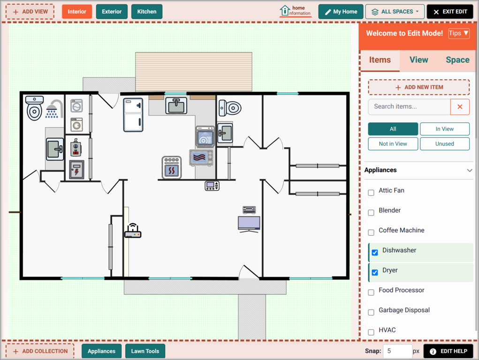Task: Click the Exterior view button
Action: pos(112,12)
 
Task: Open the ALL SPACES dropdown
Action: pos(395,12)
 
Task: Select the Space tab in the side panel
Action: pos(457,60)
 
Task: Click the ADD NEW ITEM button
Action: pos(419,87)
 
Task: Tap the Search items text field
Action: pos(409,106)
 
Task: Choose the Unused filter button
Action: pos(444,144)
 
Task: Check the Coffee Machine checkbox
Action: pos(371,232)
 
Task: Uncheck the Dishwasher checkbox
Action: pos(375,253)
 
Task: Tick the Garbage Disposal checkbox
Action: pos(371,312)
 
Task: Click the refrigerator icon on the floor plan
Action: pos(133,115)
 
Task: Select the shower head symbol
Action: pos(54,109)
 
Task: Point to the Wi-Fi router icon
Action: pos(133,231)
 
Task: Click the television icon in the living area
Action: pos(249,224)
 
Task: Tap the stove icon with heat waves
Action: pos(171,167)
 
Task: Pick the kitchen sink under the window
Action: pos(176,105)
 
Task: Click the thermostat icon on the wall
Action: pos(212,186)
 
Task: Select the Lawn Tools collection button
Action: pos(145,351)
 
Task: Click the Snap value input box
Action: pos(397,351)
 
